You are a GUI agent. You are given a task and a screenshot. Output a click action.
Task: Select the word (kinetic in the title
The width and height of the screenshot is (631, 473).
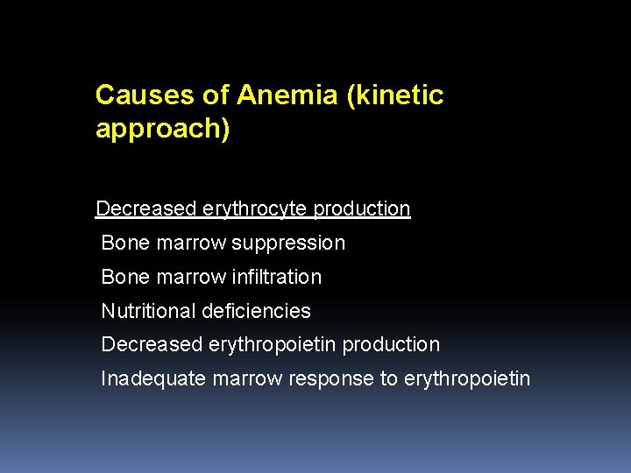(395, 95)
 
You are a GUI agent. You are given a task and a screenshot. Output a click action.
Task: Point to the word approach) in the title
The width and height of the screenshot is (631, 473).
(163, 130)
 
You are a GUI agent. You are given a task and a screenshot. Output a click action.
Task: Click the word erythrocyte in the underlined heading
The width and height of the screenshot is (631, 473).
(255, 209)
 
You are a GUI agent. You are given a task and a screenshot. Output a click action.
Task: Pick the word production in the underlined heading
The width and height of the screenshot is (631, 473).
(362, 209)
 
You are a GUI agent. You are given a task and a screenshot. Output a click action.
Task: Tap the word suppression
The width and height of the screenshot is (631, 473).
(288, 244)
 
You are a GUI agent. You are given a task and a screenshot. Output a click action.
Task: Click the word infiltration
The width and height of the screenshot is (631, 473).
(277, 278)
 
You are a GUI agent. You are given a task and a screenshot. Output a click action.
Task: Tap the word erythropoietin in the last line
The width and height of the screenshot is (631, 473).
(467, 379)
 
